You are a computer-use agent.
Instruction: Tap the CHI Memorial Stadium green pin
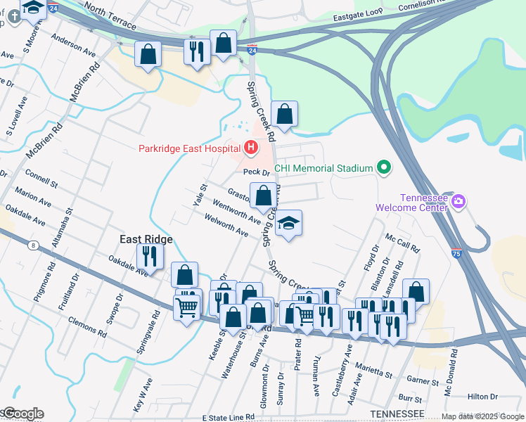tap(383, 168)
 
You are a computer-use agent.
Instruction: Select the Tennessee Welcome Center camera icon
tap(458, 203)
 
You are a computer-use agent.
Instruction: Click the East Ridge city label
tap(146, 239)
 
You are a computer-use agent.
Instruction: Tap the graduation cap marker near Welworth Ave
tap(288, 224)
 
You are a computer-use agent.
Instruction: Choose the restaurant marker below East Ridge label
tap(149, 255)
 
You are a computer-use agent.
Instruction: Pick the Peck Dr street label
tap(257, 172)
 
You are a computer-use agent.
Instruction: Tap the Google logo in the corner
tap(23, 414)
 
